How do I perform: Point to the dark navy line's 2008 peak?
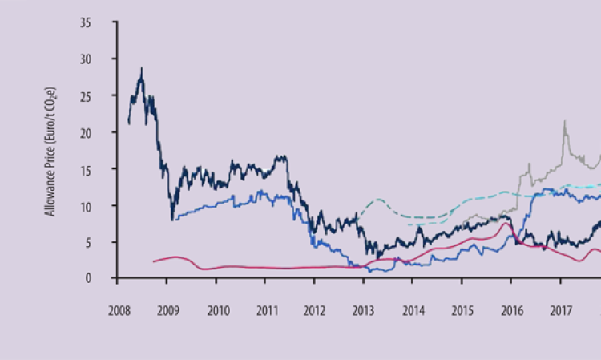click(x=142, y=69)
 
